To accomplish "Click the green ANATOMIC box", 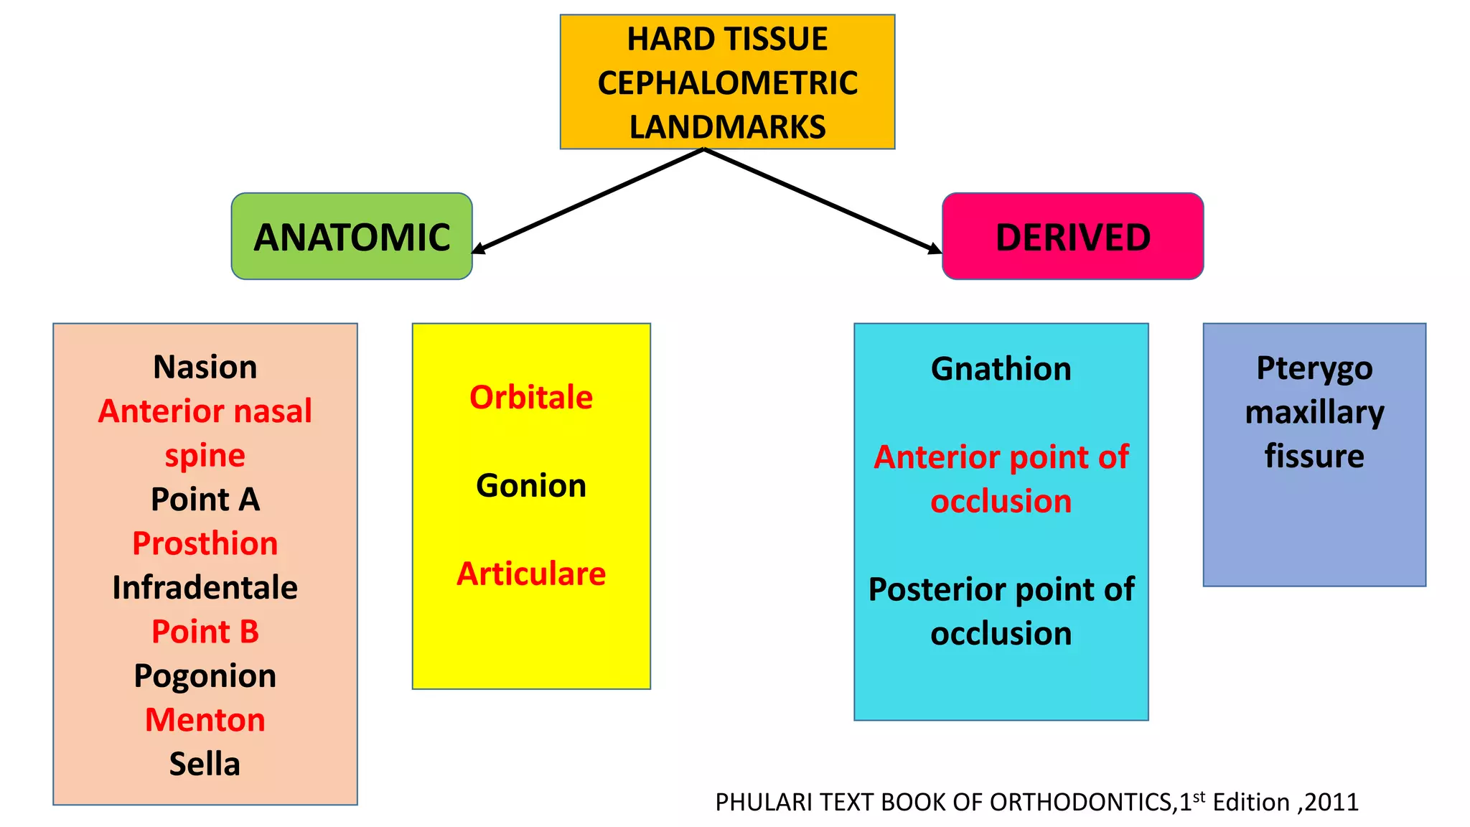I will click(x=352, y=236).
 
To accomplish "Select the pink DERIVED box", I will click(x=1072, y=236).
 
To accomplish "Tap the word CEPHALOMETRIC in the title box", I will click(x=727, y=83).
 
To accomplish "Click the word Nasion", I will click(x=205, y=367).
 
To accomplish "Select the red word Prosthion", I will click(x=205, y=543).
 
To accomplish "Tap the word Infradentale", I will click(x=205, y=587).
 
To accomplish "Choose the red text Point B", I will click(x=205, y=632).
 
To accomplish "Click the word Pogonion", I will click(x=205, y=676).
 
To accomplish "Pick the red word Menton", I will click(x=205, y=720).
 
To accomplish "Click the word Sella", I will click(x=205, y=764).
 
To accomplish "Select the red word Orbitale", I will click(x=531, y=397).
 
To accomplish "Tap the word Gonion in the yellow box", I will click(x=531, y=486).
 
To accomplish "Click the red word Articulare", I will click(x=531, y=574).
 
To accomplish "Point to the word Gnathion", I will click(x=1001, y=369).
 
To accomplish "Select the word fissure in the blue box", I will click(x=1314, y=456).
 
